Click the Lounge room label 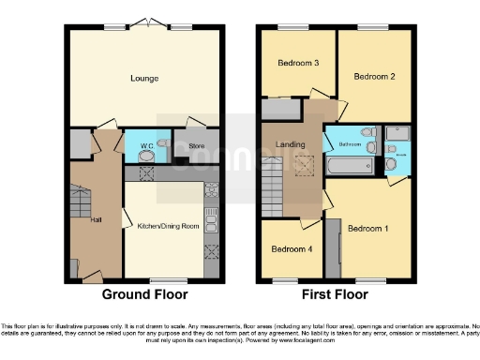143,80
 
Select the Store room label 196,146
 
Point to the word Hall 96,220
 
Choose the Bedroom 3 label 299,63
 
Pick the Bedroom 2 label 375,77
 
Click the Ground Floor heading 145,294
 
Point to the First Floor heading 336,294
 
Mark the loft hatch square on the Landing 305,166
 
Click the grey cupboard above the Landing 278,109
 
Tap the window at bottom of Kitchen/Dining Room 170,279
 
